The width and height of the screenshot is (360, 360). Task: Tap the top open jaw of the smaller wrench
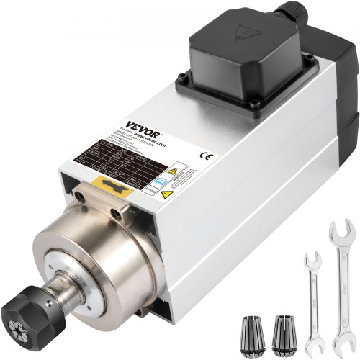click(x=313, y=260)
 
